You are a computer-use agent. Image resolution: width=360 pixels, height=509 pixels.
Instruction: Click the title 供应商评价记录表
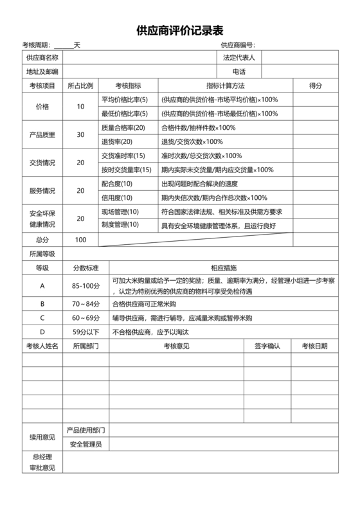point(179,30)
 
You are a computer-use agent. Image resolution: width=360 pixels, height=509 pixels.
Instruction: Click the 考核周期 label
point(35,45)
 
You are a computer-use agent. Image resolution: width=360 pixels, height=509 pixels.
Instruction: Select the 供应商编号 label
point(237,45)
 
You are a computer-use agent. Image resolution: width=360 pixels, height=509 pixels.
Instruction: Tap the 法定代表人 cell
point(239,58)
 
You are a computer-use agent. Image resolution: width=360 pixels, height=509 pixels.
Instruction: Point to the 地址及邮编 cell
point(42,71)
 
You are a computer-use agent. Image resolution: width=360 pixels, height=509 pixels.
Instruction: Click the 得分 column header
point(315,85)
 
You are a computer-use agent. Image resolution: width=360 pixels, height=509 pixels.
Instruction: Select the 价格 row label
point(42,106)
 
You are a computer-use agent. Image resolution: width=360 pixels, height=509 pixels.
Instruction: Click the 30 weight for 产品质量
point(80,134)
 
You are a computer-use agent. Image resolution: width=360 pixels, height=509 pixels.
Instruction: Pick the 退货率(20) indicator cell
point(117,141)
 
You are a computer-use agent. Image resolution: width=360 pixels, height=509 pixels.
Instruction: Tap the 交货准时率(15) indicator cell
point(123,156)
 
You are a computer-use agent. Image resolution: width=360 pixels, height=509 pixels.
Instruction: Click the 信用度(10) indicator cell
point(117,197)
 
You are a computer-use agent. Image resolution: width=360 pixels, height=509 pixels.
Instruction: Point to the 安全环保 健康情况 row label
point(42,219)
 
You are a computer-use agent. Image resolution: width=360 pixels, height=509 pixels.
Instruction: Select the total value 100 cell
point(80,240)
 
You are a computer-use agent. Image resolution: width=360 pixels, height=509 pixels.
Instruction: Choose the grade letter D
point(42,332)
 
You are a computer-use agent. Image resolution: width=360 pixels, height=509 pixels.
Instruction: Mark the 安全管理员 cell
point(85,444)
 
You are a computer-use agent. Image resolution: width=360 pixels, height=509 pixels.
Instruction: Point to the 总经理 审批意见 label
point(42,462)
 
